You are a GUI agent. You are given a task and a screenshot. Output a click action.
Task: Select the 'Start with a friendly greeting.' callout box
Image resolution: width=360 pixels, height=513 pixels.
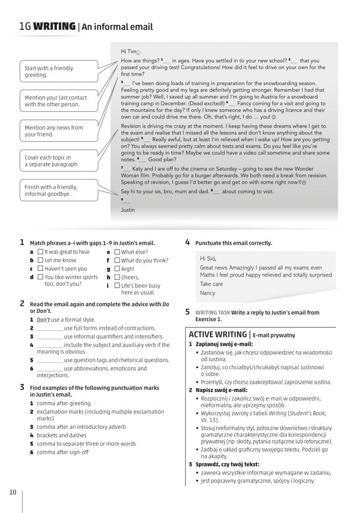58,72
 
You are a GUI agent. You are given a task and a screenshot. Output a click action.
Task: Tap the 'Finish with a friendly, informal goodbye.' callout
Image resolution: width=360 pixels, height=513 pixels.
58,191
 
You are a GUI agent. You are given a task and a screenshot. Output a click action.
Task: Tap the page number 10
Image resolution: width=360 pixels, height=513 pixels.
13,492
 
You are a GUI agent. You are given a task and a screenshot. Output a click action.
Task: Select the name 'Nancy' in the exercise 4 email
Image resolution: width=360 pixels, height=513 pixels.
208,293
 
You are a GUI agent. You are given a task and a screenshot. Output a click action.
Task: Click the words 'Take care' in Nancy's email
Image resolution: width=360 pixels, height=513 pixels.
211,284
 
